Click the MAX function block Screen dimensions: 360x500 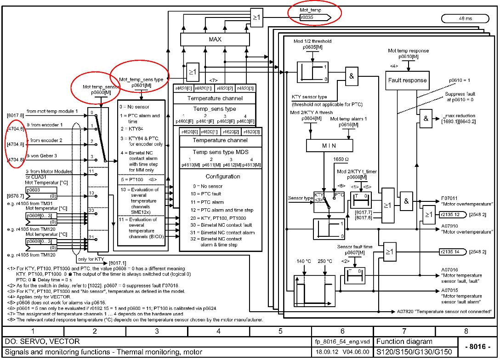215,40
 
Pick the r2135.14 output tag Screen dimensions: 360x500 451,252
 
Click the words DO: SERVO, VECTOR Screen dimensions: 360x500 42,342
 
